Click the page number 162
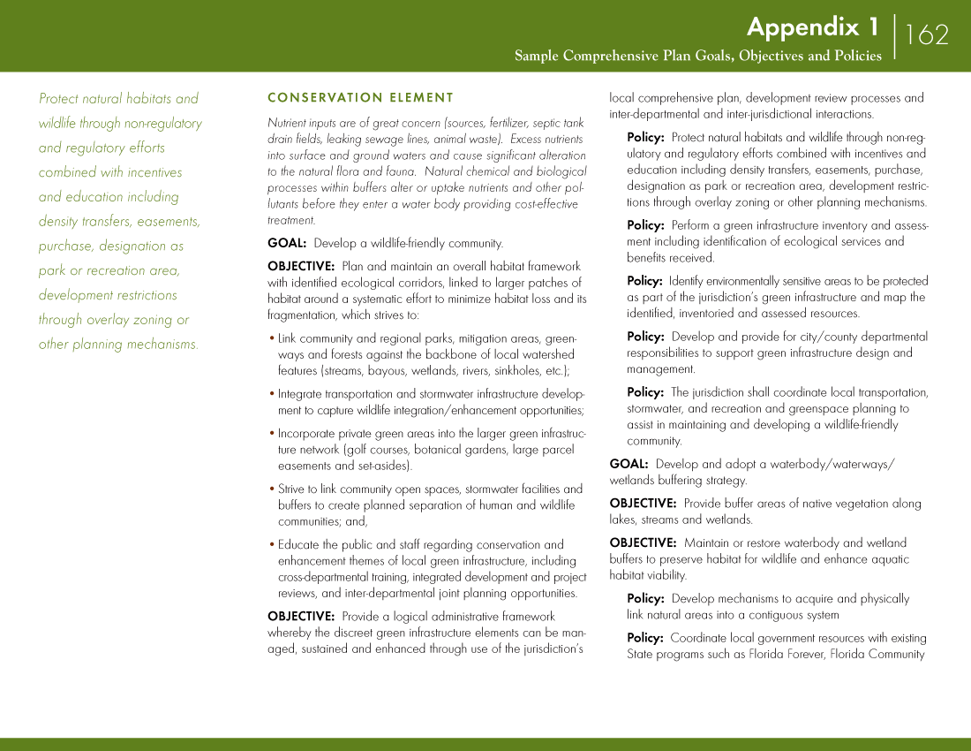[926, 34]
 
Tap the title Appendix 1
[812, 27]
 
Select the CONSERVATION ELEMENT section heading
[360, 98]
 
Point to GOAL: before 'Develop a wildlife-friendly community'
[287, 243]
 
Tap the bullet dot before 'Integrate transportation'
[272, 394]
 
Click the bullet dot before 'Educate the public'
[272, 544]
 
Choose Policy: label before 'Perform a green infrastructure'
[645, 225]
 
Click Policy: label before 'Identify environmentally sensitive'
[644, 281]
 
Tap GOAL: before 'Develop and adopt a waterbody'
[629, 464]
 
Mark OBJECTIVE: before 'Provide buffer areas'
[643, 504]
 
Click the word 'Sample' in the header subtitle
[537, 57]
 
